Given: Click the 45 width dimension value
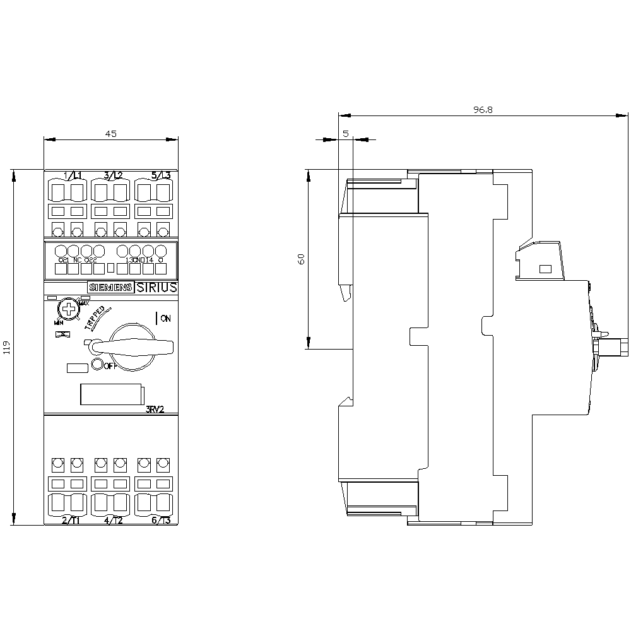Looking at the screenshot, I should point(111,133).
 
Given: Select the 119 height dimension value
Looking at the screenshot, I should point(7,347).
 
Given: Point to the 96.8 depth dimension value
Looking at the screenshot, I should point(483,109).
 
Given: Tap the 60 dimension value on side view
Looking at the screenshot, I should point(301,259).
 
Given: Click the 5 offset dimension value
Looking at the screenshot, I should point(346,133).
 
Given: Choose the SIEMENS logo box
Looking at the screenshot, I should point(110,287).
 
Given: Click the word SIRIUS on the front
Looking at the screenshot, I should point(156,287).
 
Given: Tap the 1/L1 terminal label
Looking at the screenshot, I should point(73,175).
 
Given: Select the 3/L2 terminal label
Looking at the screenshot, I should point(113,175).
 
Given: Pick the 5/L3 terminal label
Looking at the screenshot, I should point(161,175).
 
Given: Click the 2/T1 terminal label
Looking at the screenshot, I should point(71,520).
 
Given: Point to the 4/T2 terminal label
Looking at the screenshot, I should point(113,520).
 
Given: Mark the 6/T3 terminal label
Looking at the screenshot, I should point(161,520).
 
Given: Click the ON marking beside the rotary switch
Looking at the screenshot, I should point(165,318).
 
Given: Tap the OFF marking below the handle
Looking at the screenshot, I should point(110,366).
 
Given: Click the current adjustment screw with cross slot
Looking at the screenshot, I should point(66,309).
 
